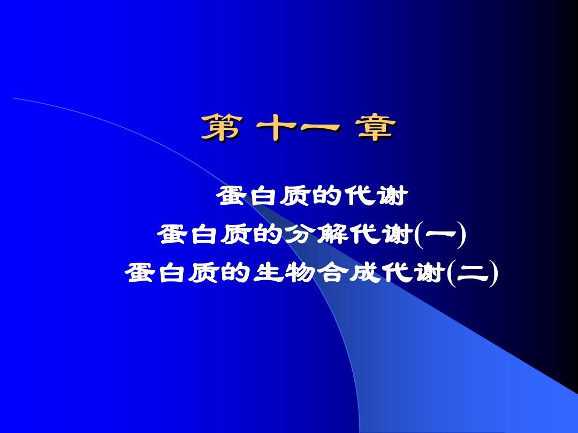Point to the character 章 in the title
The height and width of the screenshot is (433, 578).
point(376,127)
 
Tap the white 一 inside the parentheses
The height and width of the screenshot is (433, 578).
point(440,234)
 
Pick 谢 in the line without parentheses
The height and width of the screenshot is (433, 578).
point(392,196)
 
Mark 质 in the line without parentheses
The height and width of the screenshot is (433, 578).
point(296,196)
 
